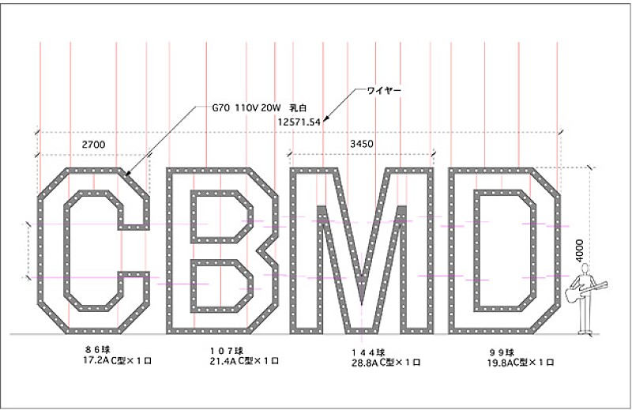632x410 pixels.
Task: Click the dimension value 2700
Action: pyautogui.click(x=93, y=145)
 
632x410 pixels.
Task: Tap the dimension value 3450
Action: pyautogui.click(x=362, y=144)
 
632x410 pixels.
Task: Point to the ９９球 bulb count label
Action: pyautogui.click(x=501, y=352)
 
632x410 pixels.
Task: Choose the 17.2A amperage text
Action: pyautogui.click(x=77, y=361)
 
